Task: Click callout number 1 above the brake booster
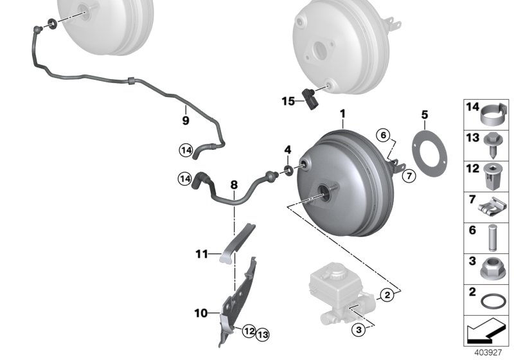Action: pos(342,114)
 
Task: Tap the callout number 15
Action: pos(288,100)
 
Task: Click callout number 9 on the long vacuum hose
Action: pos(186,120)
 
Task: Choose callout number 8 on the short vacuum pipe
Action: pos(235,186)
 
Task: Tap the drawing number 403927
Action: pos(490,353)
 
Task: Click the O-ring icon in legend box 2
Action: pos(493,301)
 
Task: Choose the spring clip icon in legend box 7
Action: pos(493,206)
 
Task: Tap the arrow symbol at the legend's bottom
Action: pos(486,334)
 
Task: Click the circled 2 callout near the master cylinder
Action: pos(386,296)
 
